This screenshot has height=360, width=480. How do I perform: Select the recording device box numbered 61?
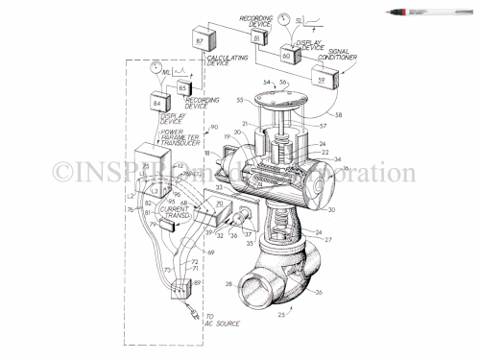point(257,37)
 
